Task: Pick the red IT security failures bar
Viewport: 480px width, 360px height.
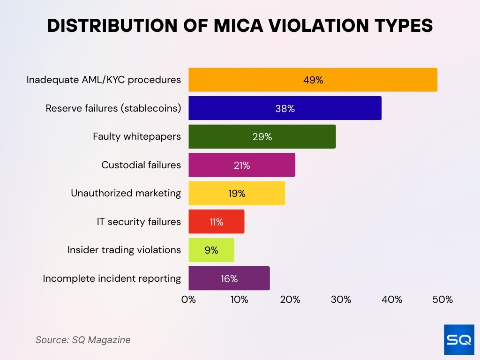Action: (216, 222)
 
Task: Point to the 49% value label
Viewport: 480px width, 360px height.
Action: (313, 80)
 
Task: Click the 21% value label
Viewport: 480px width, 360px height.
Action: (242, 165)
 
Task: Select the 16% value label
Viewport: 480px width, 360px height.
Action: (229, 278)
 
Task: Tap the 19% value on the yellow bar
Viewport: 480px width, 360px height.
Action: (237, 194)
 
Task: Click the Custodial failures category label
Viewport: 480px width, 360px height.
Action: (141, 165)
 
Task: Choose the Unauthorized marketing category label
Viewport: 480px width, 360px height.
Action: (126, 193)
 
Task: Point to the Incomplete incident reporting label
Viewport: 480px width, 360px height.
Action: (112, 278)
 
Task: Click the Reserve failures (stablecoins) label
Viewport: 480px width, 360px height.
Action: (113, 108)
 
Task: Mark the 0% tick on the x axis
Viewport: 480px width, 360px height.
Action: (188, 300)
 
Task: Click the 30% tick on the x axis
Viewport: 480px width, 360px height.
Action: (341, 300)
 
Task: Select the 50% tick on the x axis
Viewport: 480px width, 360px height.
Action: (442, 300)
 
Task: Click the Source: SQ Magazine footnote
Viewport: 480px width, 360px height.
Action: (83, 340)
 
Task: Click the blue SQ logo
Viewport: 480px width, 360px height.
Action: (458, 339)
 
